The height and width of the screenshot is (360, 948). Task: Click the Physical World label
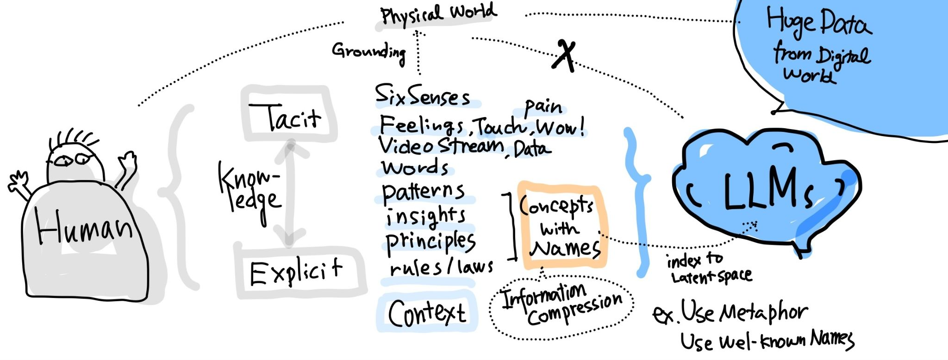pyautogui.click(x=438, y=14)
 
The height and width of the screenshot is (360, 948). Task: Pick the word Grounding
pyautogui.click(x=369, y=51)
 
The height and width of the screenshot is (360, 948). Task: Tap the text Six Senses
pyautogui.click(x=422, y=96)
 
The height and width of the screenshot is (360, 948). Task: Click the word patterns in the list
pyautogui.click(x=423, y=192)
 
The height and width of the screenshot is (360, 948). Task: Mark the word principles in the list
pyautogui.click(x=430, y=242)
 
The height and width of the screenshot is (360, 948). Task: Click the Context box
pyautogui.click(x=427, y=312)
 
